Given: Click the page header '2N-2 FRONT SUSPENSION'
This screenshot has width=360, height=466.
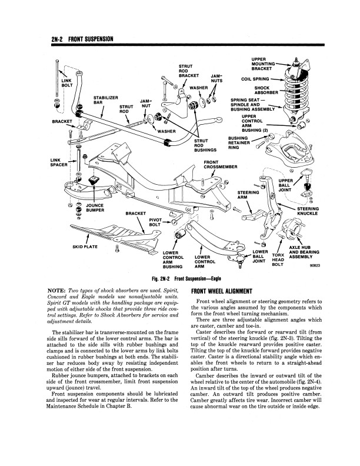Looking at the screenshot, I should click(75, 39).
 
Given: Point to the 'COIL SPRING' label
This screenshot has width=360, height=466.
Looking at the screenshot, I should click(251, 78).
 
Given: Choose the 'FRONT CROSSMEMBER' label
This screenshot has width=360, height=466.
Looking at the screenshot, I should click(219, 164).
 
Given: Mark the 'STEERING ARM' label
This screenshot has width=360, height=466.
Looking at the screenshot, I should click(247, 194).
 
